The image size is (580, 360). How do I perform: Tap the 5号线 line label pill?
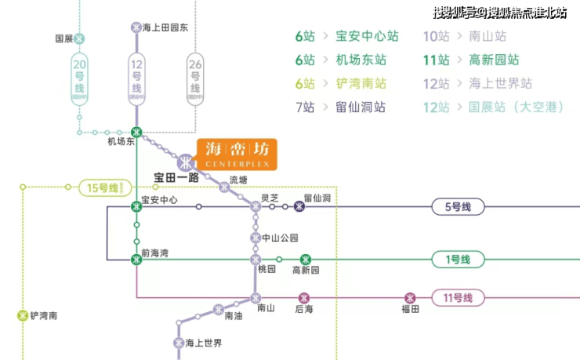click(x=459, y=207)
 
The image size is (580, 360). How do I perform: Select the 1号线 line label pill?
click(x=459, y=260)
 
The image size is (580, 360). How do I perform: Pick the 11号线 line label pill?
click(x=459, y=298)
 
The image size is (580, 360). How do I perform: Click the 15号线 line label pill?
click(x=103, y=187)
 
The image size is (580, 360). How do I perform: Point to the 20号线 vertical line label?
click(x=79, y=78)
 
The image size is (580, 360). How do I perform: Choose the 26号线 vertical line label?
click(x=194, y=78)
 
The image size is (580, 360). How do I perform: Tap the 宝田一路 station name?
click(x=176, y=177)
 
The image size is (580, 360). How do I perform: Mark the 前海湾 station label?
click(x=155, y=253)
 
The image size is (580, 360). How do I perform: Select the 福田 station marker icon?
click(x=409, y=297)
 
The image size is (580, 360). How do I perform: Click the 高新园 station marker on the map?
click(x=306, y=259)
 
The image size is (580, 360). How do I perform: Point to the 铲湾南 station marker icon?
click(x=22, y=316)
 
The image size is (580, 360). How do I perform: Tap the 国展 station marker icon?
click(x=79, y=38)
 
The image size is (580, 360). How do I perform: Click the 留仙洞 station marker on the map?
click(x=299, y=207)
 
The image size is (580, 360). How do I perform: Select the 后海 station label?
click(x=304, y=310)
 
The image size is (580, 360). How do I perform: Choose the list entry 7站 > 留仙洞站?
click(x=340, y=107)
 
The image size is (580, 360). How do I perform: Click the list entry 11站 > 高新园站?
click(x=470, y=60)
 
